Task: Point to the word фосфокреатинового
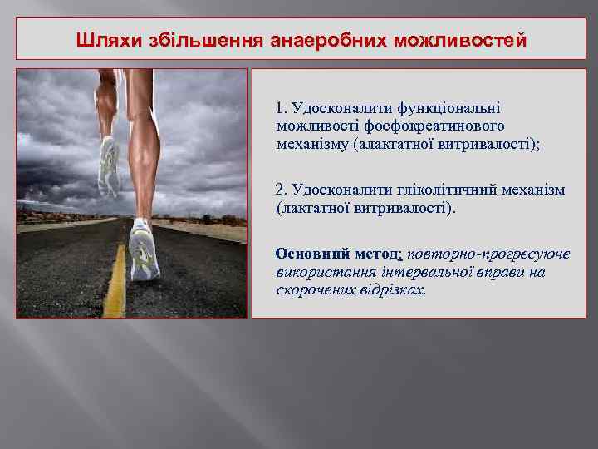pyautogui.click(x=438, y=126)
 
